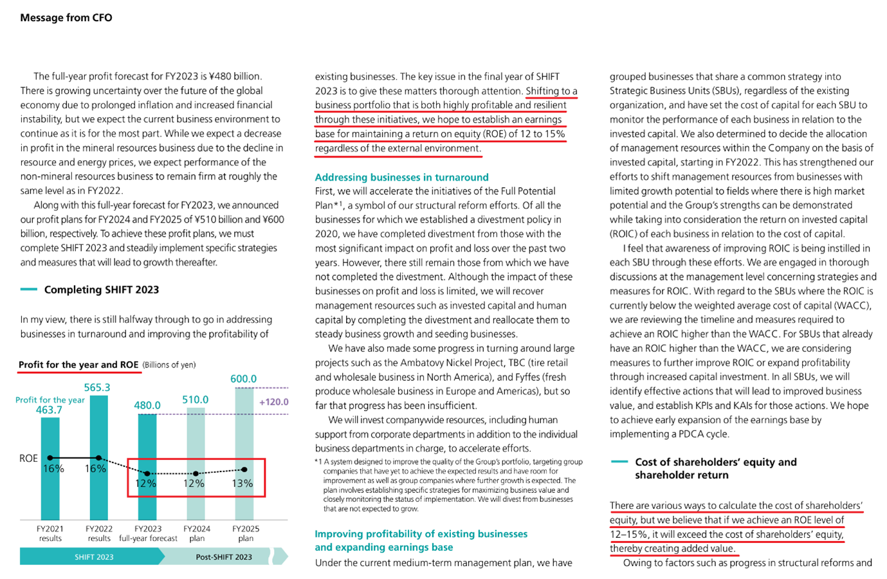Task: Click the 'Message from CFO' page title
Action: [66, 18]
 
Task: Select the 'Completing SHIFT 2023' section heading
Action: [101, 289]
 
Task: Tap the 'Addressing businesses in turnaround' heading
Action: [401, 177]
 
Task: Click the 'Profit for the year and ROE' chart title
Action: [78, 365]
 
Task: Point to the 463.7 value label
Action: [49, 410]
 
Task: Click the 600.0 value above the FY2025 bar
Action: [243, 379]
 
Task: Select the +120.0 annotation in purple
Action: [273, 402]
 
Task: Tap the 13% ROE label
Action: [242, 483]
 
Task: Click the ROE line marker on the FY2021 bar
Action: [50, 458]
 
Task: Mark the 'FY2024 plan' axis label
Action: [197, 533]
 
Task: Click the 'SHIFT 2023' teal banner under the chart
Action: [94, 556]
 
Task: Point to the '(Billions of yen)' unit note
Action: [169, 365]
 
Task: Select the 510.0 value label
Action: [195, 400]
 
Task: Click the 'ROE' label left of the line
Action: [28, 459]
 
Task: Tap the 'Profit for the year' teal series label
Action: [50, 400]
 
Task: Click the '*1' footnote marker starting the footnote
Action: [318, 461]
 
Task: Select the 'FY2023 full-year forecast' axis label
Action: [148, 533]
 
